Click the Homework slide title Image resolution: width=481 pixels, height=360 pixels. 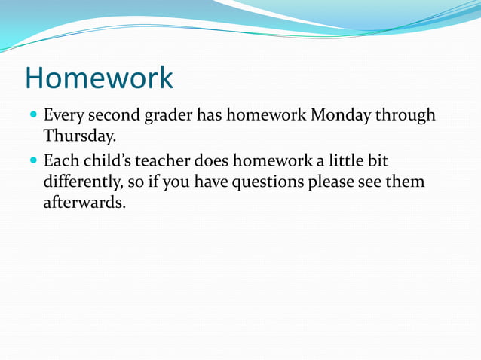[99, 77]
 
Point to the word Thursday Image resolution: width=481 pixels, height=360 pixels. [79, 136]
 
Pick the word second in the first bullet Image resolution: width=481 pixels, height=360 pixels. [113, 115]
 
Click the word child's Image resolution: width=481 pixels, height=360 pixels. [105, 161]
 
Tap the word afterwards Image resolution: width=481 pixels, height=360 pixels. [84, 203]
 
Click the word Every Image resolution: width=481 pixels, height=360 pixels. [63, 116]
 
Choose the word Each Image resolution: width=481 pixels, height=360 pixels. [60, 161]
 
